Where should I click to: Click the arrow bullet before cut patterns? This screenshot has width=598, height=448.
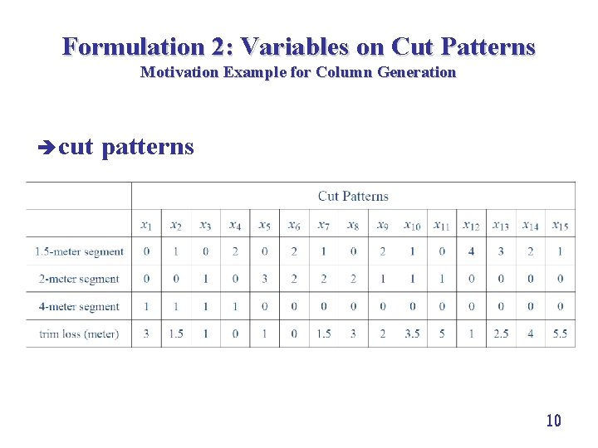click(46, 148)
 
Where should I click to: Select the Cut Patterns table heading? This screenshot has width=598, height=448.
click(353, 196)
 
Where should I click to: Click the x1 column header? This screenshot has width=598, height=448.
click(146, 225)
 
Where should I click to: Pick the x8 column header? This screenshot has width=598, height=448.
click(353, 225)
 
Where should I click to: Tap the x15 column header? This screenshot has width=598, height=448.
click(560, 225)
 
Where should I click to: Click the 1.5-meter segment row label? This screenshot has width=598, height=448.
click(79, 251)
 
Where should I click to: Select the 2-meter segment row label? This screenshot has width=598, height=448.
click(79, 279)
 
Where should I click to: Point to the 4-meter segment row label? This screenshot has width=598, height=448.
click(79, 306)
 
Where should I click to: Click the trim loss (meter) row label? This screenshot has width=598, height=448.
click(79, 334)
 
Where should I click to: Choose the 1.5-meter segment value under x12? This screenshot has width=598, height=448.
click(471, 251)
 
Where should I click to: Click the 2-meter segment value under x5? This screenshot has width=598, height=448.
click(264, 279)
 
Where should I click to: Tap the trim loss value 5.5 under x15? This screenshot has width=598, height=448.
click(560, 334)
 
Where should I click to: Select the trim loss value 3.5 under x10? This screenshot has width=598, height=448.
click(412, 334)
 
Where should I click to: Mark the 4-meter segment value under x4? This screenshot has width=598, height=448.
click(235, 306)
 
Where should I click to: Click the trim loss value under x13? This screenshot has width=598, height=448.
click(501, 334)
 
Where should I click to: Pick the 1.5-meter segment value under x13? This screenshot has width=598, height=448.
click(501, 251)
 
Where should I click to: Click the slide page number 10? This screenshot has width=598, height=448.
click(553, 421)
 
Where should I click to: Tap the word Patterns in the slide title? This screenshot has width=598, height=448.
click(486, 46)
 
